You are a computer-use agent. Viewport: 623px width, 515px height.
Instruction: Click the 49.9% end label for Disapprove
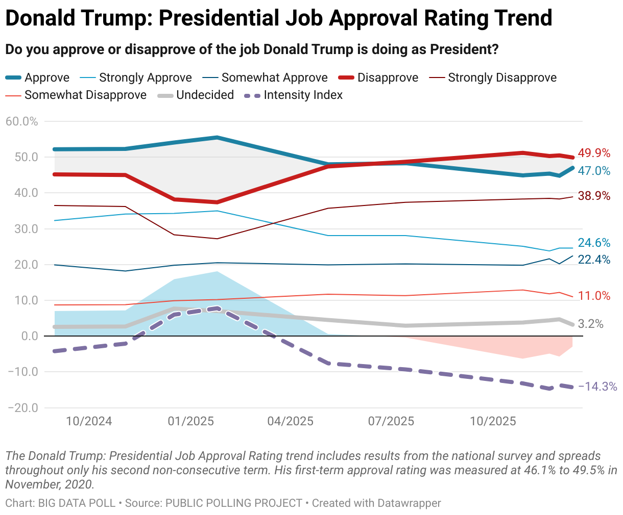[x=594, y=153]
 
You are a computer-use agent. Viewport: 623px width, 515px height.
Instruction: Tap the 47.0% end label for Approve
[x=594, y=171]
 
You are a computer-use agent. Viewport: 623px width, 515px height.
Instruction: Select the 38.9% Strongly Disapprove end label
[x=594, y=196]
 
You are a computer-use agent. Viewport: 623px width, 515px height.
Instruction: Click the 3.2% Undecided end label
[x=591, y=324]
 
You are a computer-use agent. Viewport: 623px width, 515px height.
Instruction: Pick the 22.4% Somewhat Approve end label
[x=594, y=260]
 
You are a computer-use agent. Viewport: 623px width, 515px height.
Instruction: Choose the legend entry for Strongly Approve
[x=145, y=78]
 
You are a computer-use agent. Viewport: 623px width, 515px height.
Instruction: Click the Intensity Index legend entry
[x=303, y=95]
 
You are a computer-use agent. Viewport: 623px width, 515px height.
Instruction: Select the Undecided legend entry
[x=205, y=95]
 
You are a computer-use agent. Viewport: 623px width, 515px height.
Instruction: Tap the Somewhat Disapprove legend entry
[x=85, y=95]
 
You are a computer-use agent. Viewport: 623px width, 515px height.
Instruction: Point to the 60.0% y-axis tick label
[x=22, y=121]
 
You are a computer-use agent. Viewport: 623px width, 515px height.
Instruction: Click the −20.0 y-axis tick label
[x=23, y=408]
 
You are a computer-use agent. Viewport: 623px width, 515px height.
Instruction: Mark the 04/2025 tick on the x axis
[x=291, y=421]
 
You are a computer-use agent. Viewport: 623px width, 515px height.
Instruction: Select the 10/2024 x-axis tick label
[x=89, y=421]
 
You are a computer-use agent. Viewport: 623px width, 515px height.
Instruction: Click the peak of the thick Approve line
[x=217, y=138]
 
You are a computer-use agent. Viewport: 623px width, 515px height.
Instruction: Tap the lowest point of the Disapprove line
[x=217, y=202]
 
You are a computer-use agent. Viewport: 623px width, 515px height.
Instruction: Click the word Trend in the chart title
[x=523, y=18]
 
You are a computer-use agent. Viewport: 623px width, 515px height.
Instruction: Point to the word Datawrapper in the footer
[x=409, y=503]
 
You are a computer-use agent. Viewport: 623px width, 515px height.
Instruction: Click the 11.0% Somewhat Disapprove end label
[x=594, y=296]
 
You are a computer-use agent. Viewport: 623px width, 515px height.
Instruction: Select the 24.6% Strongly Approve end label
[x=594, y=243]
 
